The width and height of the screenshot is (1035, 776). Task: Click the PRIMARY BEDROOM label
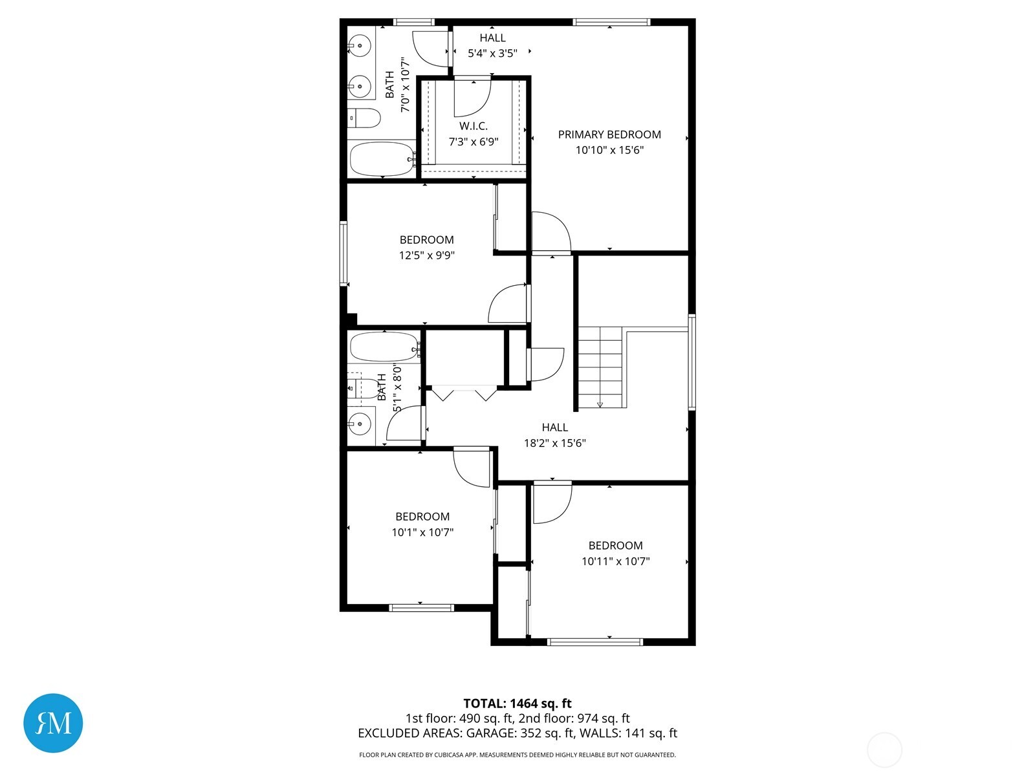609,135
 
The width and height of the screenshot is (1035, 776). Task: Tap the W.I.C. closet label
474,126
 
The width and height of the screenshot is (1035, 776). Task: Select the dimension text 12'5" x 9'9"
426,255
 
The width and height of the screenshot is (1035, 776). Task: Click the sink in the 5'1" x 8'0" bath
359,425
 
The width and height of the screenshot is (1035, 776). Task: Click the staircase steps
600,367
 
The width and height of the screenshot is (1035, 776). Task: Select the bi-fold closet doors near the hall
464,393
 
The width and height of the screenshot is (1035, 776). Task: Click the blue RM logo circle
53,723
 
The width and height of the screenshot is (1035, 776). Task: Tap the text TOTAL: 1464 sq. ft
517,704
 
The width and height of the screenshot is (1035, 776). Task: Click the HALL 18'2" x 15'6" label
555,427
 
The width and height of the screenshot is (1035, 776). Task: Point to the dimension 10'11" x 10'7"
615,561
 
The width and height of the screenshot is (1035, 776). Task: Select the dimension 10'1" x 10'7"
422,532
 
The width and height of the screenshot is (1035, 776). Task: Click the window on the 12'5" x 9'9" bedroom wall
343,253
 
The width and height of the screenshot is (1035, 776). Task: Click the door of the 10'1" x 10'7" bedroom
470,468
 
